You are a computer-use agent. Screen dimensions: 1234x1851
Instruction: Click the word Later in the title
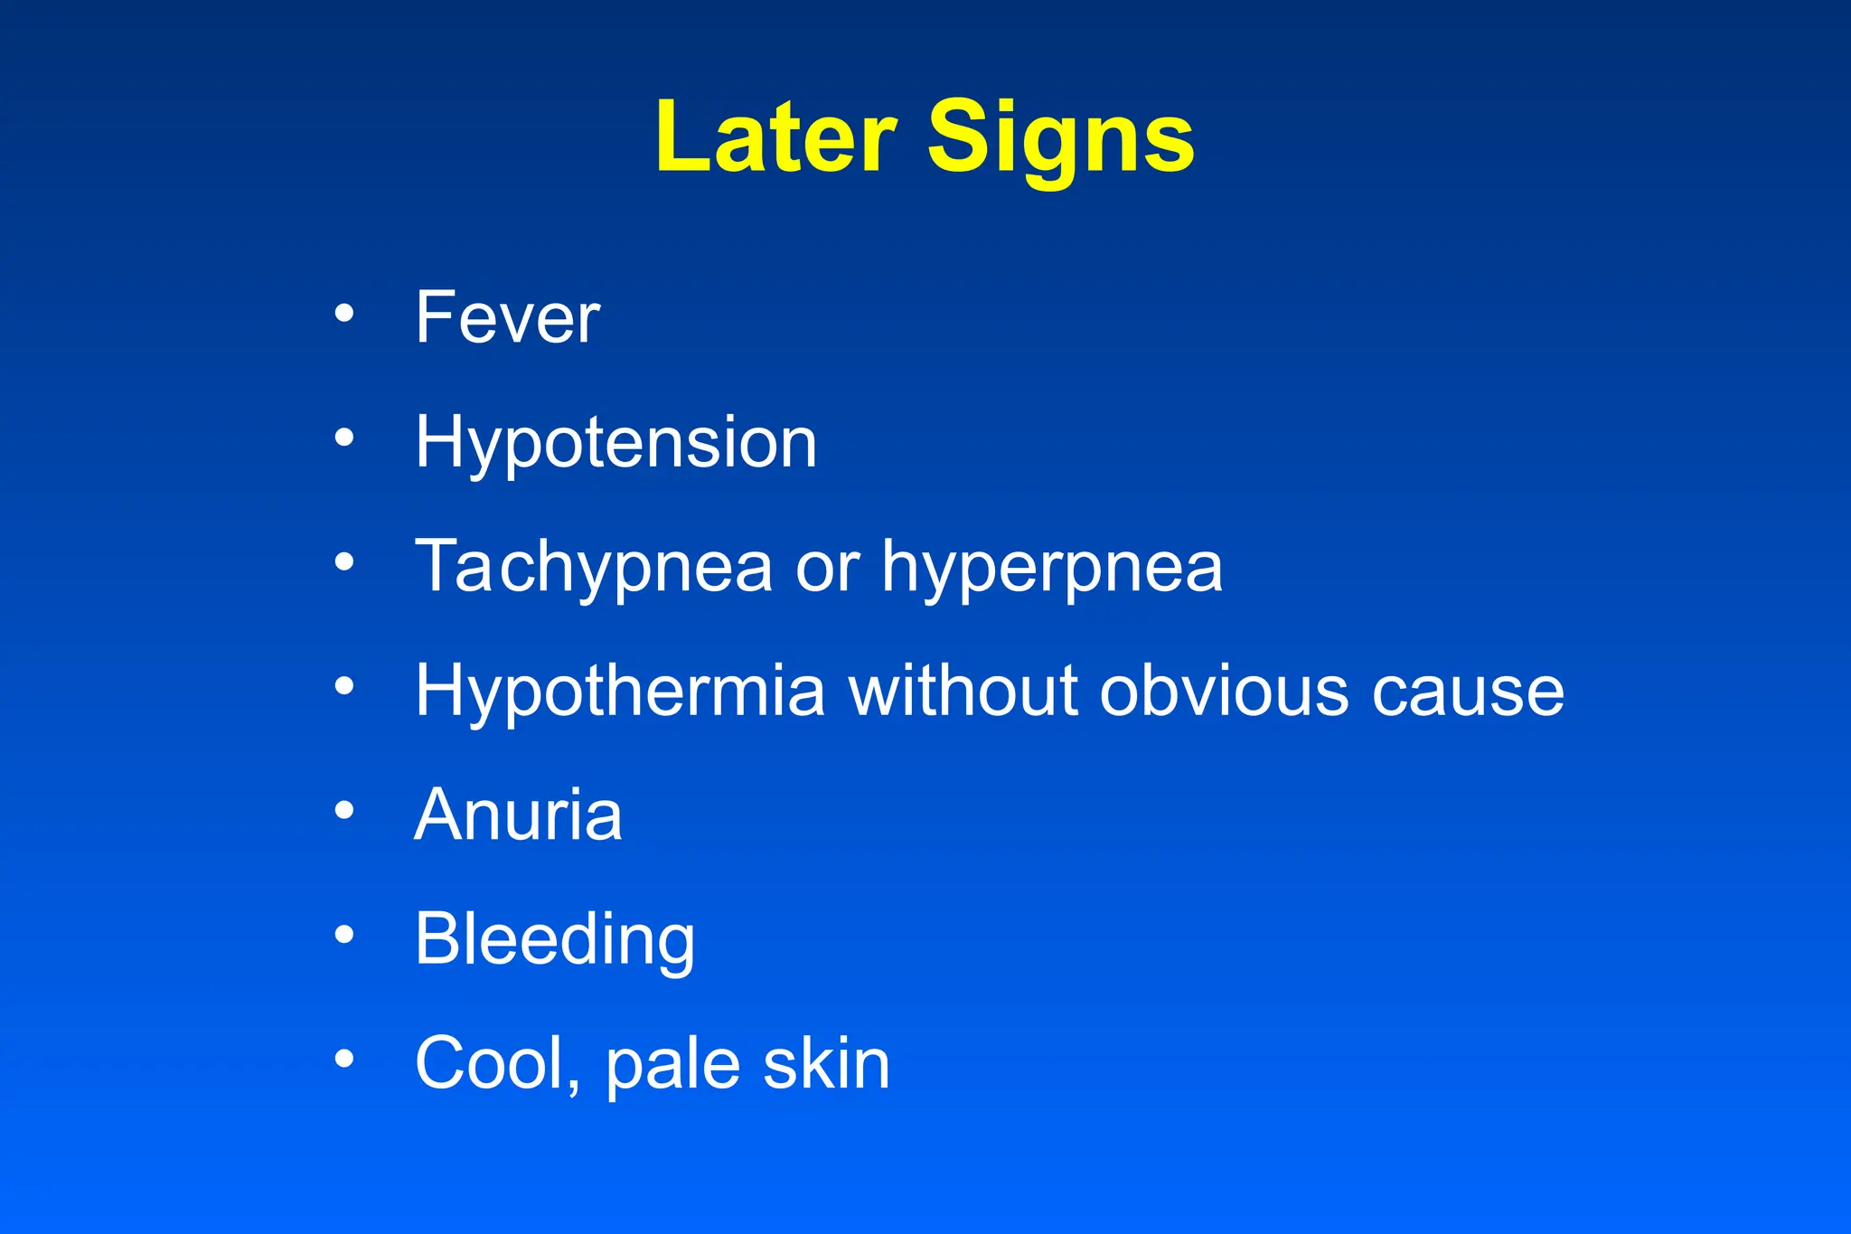pyautogui.click(x=775, y=137)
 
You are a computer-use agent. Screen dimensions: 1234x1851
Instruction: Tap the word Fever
pyautogui.click(x=507, y=317)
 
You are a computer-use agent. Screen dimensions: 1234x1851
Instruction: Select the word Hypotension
pyautogui.click(x=615, y=444)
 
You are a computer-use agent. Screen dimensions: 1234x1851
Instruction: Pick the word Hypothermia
pyautogui.click(x=620, y=692)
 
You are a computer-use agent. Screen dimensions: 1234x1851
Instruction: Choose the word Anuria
pyautogui.click(x=518, y=815)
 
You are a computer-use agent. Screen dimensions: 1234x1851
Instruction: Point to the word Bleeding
pyautogui.click(x=555, y=941)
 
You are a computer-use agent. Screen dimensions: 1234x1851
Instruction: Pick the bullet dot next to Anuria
pyautogui.click(x=344, y=810)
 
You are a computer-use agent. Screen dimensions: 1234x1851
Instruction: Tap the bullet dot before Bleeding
pyautogui.click(x=344, y=934)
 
